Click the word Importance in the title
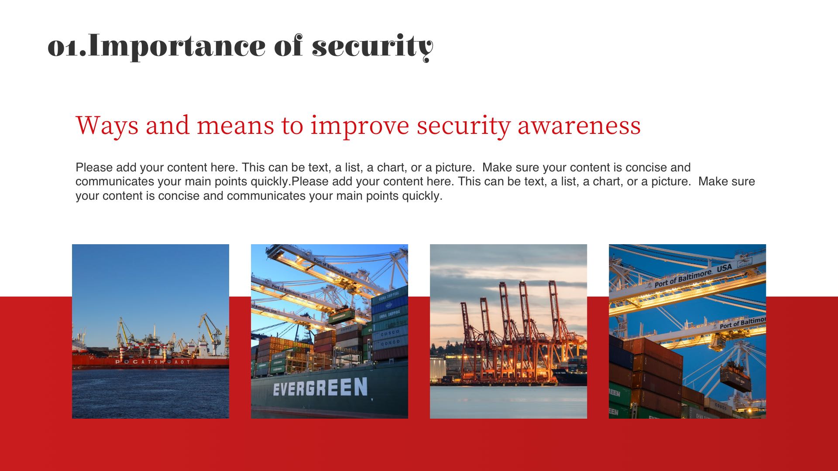(x=177, y=47)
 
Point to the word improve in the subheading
(x=360, y=126)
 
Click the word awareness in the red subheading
(x=579, y=126)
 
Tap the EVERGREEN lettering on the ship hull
(x=320, y=387)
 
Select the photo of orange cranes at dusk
(x=508, y=331)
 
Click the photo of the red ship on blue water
(x=151, y=331)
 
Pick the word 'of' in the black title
(x=288, y=47)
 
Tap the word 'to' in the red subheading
(x=292, y=126)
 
